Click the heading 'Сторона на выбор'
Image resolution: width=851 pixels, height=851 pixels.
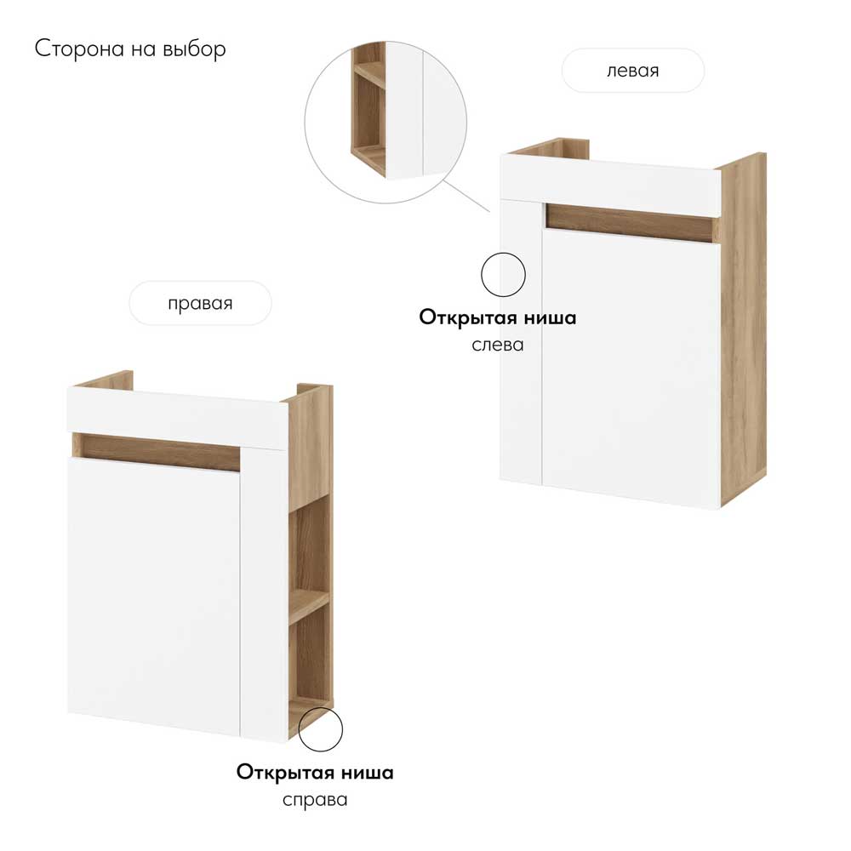[x=130, y=49]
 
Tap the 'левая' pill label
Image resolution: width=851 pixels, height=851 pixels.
[x=632, y=71]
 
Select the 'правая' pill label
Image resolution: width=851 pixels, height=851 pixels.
[x=200, y=304]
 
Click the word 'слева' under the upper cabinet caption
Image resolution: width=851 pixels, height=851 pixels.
[x=497, y=345]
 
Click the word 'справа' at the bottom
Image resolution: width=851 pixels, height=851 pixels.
[x=315, y=800]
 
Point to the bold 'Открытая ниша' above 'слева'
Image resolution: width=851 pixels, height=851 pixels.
[x=497, y=318]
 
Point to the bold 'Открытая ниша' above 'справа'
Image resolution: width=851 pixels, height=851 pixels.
[x=315, y=773]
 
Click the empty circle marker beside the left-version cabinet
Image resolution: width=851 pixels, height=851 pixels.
[x=504, y=275]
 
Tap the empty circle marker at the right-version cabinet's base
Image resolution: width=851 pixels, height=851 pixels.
[x=320, y=729]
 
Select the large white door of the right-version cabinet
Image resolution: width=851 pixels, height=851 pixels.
[x=153, y=596]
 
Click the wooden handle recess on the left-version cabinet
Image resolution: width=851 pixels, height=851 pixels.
[x=630, y=222]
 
